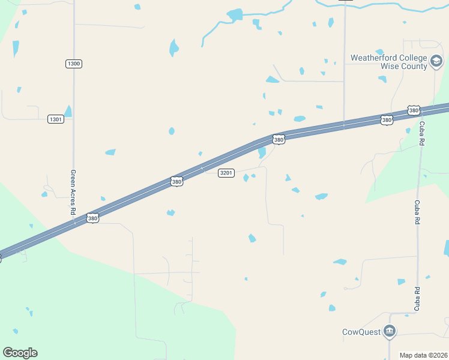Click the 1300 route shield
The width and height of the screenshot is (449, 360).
[x=74, y=64]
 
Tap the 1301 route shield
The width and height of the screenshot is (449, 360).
[x=56, y=119]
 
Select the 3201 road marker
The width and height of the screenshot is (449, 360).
[x=226, y=173]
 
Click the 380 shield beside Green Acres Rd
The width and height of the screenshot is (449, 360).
[x=92, y=218]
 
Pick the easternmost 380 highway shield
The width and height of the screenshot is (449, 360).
[x=413, y=110]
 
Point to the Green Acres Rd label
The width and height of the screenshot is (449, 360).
[x=73, y=192]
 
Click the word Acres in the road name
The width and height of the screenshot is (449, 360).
[x=73, y=191]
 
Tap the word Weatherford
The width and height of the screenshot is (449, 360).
[x=375, y=58]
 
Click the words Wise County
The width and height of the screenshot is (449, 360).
[x=403, y=66]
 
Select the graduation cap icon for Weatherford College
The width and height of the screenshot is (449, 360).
[x=436, y=61]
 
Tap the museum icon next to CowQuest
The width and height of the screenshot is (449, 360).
[x=390, y=331]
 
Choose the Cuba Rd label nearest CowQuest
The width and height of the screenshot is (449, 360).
[x=416, y=298]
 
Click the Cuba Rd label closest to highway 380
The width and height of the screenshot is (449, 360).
[x=422, y=133]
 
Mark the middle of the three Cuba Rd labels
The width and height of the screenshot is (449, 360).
[x=416, y=212]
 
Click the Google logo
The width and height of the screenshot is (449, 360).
[x=20, y=353]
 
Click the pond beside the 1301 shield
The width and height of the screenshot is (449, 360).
[x=68, y=111]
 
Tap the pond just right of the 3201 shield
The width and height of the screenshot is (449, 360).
[x=246, y=178]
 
